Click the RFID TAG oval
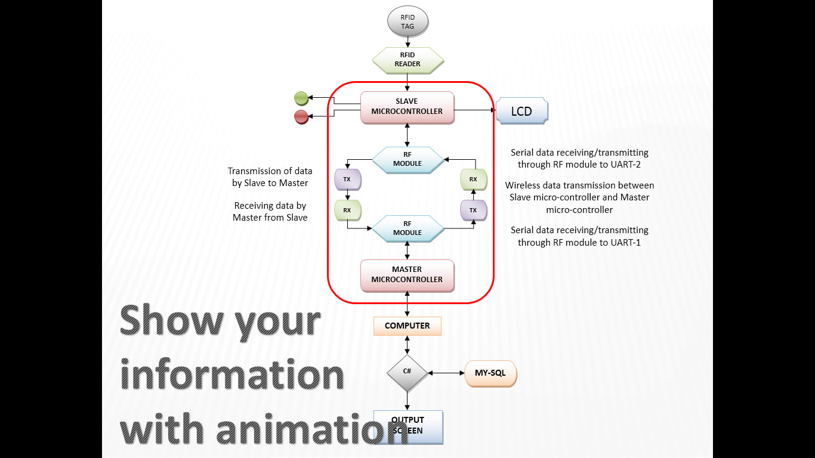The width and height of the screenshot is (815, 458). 407,22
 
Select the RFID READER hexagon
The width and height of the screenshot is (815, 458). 407,59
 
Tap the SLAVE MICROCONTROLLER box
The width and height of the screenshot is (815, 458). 407,107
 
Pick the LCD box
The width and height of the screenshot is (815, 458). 521,112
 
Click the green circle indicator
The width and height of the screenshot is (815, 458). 301,98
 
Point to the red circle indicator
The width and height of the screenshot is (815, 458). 301,117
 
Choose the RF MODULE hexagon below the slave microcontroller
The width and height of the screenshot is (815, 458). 407,159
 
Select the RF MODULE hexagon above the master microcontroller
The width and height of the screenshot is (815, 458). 407,228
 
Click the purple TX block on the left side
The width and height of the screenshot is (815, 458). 347,179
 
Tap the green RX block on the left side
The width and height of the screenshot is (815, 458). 347,210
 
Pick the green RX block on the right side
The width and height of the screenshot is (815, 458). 473,179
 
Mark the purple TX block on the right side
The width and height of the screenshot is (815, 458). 473,210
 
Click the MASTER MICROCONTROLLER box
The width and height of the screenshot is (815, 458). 407,275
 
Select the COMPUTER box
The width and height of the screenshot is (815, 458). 407,326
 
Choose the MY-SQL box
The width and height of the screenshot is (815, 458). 490,373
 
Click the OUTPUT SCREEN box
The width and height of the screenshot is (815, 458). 408,426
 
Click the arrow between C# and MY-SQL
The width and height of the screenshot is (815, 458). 446,373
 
